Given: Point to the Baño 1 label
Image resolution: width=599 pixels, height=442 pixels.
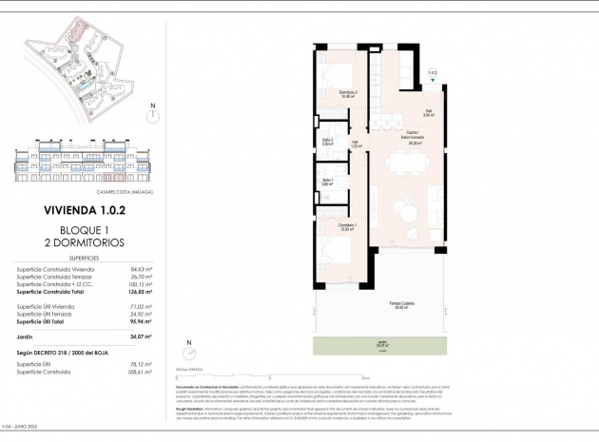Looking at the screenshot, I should [327, 182].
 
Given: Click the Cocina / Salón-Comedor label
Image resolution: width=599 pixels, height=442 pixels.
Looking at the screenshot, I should [414, 136].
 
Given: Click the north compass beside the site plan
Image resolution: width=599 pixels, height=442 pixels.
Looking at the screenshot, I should [152, 115].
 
